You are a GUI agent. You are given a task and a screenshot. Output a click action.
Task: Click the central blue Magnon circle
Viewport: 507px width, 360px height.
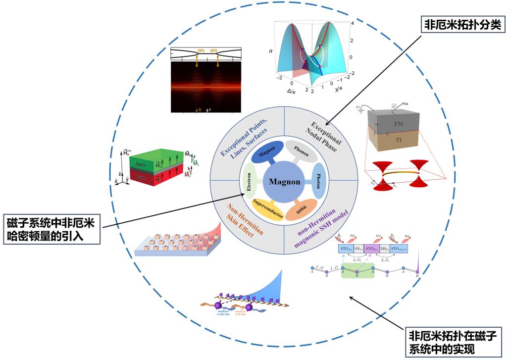click(284, 181)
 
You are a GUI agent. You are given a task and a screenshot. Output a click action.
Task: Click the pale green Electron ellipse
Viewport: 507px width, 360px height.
click(250, 181)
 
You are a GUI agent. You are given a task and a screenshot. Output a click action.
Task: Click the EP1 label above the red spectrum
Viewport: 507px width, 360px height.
click(201, 51)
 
